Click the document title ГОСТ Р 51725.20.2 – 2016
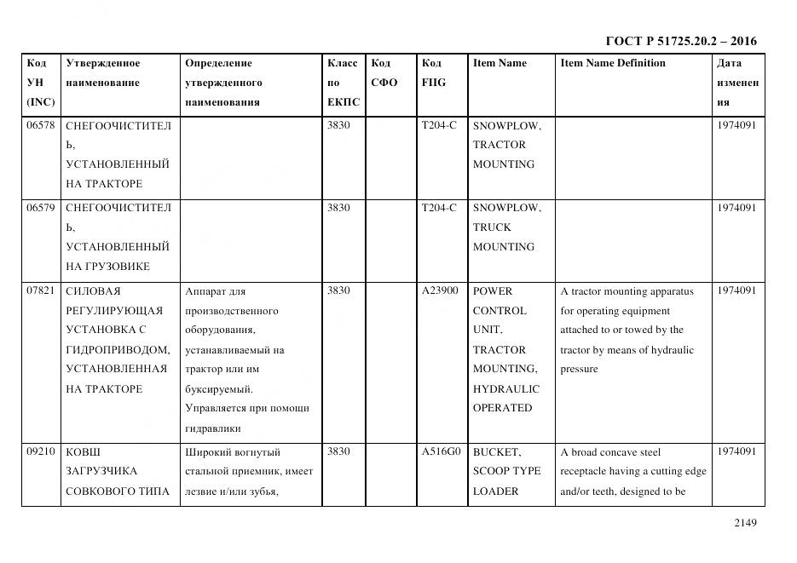pos(681,41)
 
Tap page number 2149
pos(745,523)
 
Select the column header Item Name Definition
pos(613,63)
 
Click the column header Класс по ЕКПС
pos(343,83)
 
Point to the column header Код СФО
pos(384,73)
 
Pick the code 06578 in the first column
pos(40,125)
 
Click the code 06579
pos(40,208)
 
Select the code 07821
pos(40,291)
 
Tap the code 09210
pos(40,452)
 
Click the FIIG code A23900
pos(440,291)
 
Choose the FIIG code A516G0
pos(440,452)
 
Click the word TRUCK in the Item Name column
pos(492,227)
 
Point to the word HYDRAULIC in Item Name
pos(506,389)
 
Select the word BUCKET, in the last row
pos(496,452)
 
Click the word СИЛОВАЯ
pos(93,291)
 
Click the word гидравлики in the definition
pos(213,428)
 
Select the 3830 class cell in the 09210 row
pos(338,452)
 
